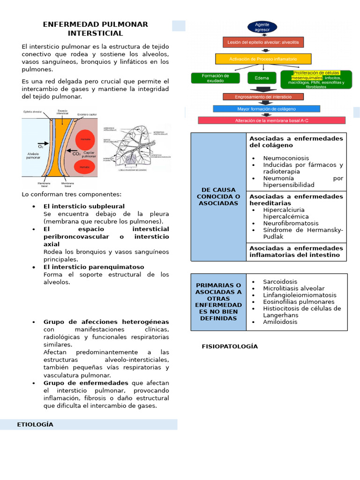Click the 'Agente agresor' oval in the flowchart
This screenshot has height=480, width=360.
click(x=262, y=27)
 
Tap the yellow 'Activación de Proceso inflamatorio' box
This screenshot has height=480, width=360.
click(x=263, y=59)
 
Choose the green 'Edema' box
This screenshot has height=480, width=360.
click(x=262, y=78)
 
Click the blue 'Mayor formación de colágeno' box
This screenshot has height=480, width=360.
click(x=266, y=108)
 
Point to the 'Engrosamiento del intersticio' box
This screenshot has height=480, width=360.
click(x=263, y=97)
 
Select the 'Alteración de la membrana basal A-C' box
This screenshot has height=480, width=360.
click(x=271, y=120)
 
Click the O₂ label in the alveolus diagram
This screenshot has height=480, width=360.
click(x=41, y=146)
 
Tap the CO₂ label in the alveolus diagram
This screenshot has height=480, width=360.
click(x=75, y=153)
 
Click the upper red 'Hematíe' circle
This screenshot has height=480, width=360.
click(x=85, y=139)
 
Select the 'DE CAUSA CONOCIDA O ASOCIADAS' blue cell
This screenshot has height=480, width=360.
click(x=218, y=196)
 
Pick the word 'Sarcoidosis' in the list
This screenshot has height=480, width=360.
click(x=280, y=282)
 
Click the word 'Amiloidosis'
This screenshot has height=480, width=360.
click(x=280, y=322)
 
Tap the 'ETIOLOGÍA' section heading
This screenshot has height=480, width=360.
click(x=35, y=425)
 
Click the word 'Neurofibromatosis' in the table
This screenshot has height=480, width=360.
click(x=291, y=224)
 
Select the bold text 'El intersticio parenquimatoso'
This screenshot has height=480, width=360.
click(x=94, y=267)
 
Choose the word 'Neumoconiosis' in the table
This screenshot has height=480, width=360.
click(x=286, y=158)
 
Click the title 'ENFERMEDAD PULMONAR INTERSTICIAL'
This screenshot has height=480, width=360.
click(x=95, y=29)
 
